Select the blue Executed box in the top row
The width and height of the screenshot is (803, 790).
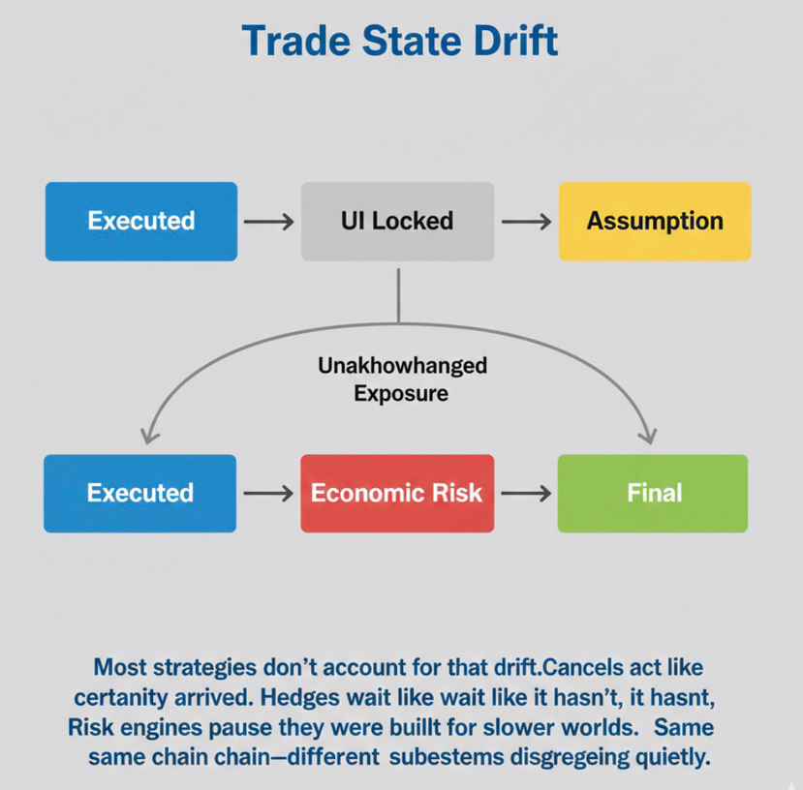(141, 221)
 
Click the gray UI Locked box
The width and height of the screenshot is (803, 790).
(397, 221)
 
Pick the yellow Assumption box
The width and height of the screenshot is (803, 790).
(655, 221)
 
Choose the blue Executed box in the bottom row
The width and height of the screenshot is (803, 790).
(140, 493)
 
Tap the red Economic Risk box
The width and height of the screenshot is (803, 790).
(396, 493)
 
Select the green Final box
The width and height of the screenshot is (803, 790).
(654, 493)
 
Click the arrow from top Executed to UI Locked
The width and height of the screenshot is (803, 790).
(268, 222)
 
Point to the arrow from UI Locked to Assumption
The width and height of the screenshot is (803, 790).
(526, 222)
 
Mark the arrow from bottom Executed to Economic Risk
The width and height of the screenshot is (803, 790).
(268, 494)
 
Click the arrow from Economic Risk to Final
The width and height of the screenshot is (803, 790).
(526, 494)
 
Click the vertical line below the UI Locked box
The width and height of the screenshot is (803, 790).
(398, 291)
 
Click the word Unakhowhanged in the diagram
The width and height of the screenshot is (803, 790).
(402, 367)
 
